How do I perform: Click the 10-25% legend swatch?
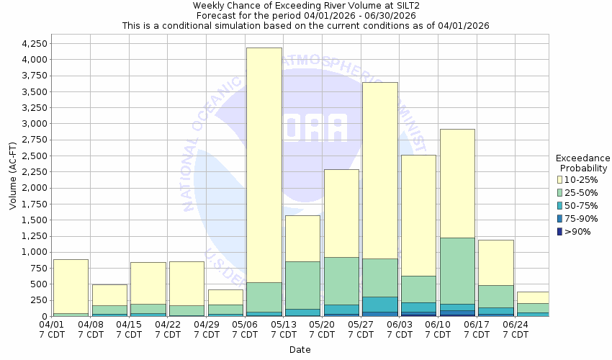[560, 179]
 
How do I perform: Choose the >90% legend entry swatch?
[560, 231]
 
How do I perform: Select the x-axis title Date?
[300, 350]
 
